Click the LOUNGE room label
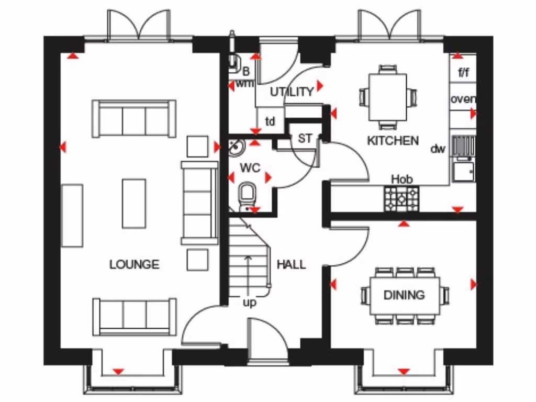pos(134,264)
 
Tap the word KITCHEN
pos(393,140)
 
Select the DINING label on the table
pos(404,295)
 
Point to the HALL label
pos(291,264)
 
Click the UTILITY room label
pos(292,92)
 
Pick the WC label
pos(250,169)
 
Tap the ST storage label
pos(305,139)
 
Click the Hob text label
pos(402,179)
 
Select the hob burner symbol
pos(401,199)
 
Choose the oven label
pos(463,99)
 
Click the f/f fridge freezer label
pos(463,73)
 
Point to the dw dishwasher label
pos(438,149)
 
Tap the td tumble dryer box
pos(270,122)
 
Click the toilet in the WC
pos(246,195)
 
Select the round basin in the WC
pos(237,147)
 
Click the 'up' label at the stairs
pos(250,303)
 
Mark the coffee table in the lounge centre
pos(134,203)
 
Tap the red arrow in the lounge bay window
pos(118,371)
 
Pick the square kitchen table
pos(387,97)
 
